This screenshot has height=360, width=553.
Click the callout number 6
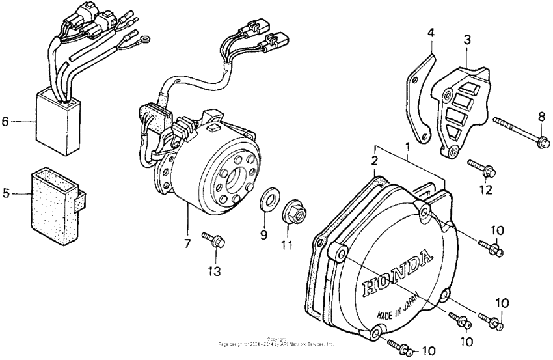[5, 121]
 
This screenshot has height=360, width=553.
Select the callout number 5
[5, 193]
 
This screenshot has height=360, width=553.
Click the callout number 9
[264, 235]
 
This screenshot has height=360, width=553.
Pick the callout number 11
[290, 245]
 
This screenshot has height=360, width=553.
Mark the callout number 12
[484, 189]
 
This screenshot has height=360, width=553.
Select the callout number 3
[466, 41]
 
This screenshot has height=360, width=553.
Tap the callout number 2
[375, 160]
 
